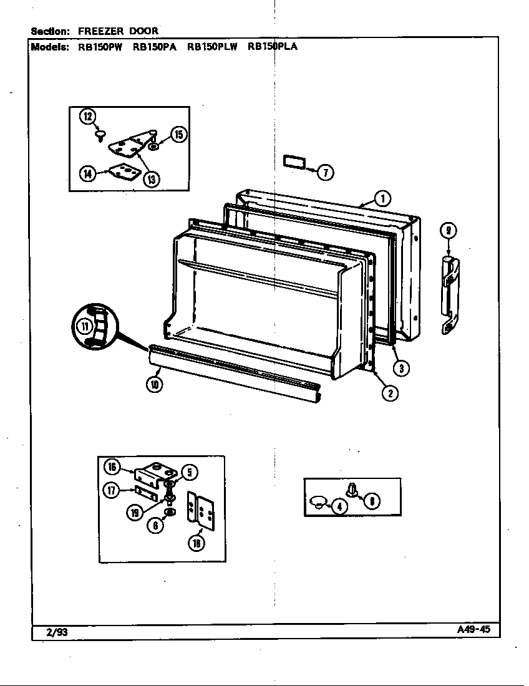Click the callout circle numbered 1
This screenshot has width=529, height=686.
tap(382, 199)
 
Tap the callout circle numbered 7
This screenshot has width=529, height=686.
tap(325, 172)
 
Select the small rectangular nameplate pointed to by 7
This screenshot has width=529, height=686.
tap(293, 162)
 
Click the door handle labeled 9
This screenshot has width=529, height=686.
tap(450, 294)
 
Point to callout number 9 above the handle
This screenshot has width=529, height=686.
tap(448, 231)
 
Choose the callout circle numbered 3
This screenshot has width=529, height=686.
tap(402, 368)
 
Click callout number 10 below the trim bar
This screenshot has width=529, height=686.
tap(154, 385)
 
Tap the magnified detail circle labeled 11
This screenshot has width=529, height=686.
tap(92, 326)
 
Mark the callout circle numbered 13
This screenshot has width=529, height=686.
tap(150, 180)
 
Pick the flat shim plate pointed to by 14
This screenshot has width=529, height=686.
tap(122, 171)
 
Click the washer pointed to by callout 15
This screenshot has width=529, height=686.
tap(153, 147)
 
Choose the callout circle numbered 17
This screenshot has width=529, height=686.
tap(111, 491)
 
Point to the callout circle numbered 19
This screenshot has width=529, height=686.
tap(135, 513)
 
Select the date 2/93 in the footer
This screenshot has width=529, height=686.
tap(57, 632)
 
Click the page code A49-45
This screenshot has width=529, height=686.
tap(473, 629)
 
